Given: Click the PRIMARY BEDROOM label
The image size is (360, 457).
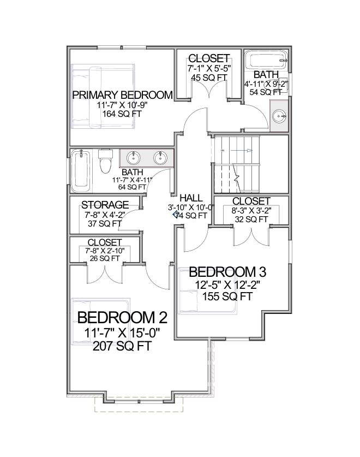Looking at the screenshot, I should pos(122,95).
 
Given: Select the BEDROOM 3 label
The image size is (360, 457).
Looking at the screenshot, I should pos(224,272).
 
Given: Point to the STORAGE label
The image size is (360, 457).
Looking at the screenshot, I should pos(105,205).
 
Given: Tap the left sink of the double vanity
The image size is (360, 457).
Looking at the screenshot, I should pos(133,158).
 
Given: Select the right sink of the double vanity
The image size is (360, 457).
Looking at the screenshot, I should pos(160,158).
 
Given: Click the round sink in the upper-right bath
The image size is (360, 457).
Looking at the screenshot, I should pos(279,116).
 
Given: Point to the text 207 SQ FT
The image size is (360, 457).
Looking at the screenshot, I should pos(122,346).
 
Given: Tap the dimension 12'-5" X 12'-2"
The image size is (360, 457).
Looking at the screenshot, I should pos(224,285).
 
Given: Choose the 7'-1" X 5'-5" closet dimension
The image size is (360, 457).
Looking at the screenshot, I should pos(208,69).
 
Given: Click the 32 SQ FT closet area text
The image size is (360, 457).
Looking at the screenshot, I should pos(251,219).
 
